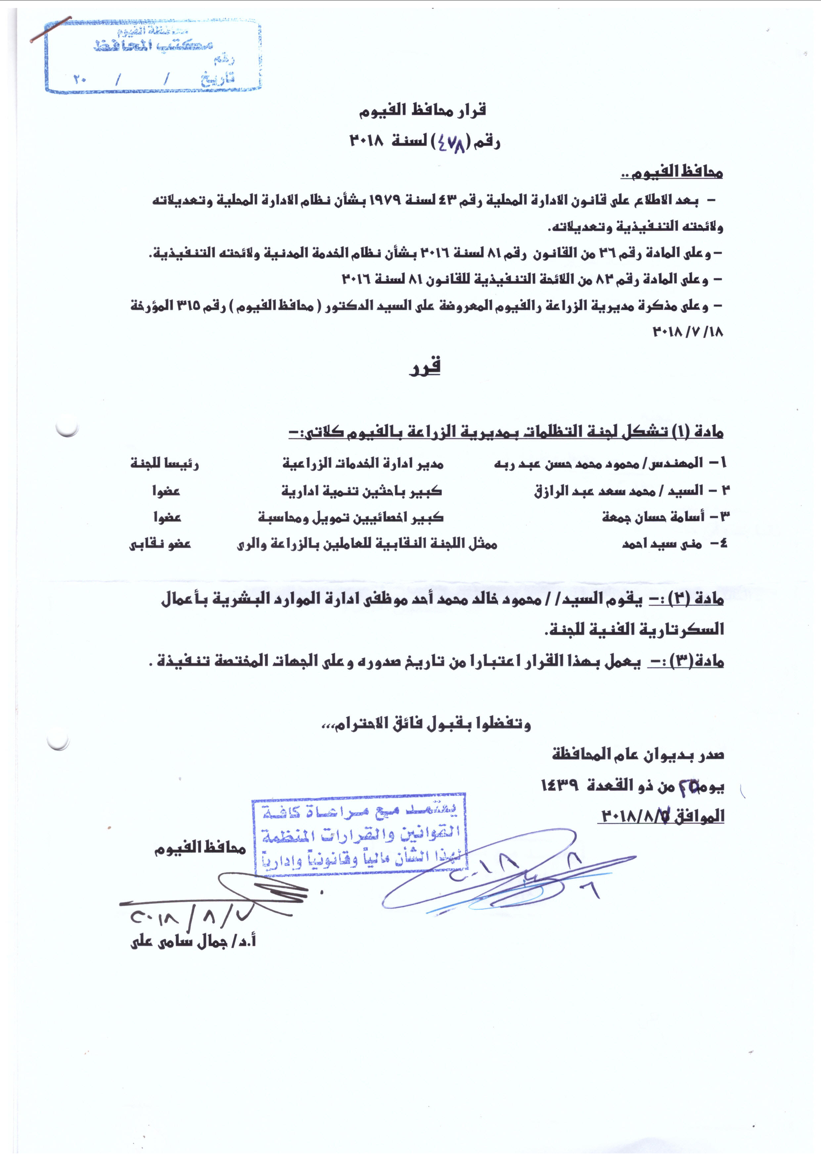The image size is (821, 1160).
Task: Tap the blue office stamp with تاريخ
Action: click(153, 57)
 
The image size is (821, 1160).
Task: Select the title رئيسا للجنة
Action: click(165, 463)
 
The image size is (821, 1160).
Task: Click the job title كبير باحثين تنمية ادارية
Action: click(362, 491)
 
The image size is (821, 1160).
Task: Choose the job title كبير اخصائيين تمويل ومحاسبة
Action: click(351, 518)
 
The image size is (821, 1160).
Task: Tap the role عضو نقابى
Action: click(160, 544)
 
